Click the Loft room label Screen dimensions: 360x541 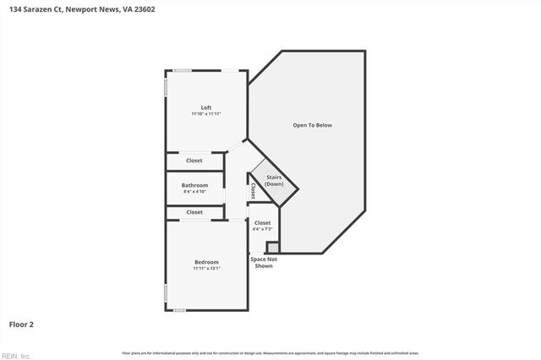[206, 106]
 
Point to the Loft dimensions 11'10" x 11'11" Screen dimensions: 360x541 [206, 113]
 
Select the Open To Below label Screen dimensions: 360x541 [313, 125]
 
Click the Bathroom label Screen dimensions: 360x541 [194, 185]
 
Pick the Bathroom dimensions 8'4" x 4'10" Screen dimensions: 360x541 [194, 192]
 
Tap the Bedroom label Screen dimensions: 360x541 [206, 262]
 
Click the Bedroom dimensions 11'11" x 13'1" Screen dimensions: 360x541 [206, 269]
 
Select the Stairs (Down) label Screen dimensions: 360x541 [274, 181]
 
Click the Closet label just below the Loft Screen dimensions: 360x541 [194, 160]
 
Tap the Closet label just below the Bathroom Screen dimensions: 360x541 [194, 212]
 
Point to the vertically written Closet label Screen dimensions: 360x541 [253, 190]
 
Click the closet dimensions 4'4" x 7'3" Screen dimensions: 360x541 [263, 229]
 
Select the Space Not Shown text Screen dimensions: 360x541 [264, 262]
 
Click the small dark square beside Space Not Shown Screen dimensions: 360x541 [272, 248]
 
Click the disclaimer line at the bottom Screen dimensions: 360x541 [270, 352]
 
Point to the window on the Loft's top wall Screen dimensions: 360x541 [181, 70]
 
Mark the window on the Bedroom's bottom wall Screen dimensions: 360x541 [179, 310]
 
